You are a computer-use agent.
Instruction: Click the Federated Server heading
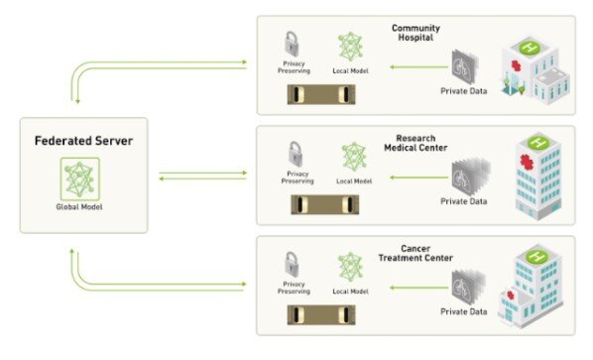click(x=82, y=141)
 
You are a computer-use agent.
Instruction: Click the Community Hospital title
click(x=415, y=33)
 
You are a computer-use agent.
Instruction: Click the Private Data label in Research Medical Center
click(x=463, y=202)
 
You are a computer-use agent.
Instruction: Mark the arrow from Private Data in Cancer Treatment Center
click(x=412, y=289)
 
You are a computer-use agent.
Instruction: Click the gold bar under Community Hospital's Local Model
click(x=319, y=95)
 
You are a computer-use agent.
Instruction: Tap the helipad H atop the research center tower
click(x=536, y=142)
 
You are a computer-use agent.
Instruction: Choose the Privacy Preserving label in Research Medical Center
click(x=296, y=178)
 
